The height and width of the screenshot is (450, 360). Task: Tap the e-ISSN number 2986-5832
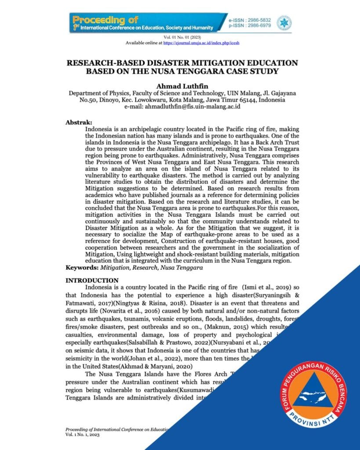[x=259, y=21]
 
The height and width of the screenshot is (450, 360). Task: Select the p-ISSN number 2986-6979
[x=259, y=26]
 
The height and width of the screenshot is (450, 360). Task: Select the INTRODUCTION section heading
[x=91, y=280]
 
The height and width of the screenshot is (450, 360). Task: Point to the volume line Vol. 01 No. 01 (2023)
[x=180, y=38]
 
